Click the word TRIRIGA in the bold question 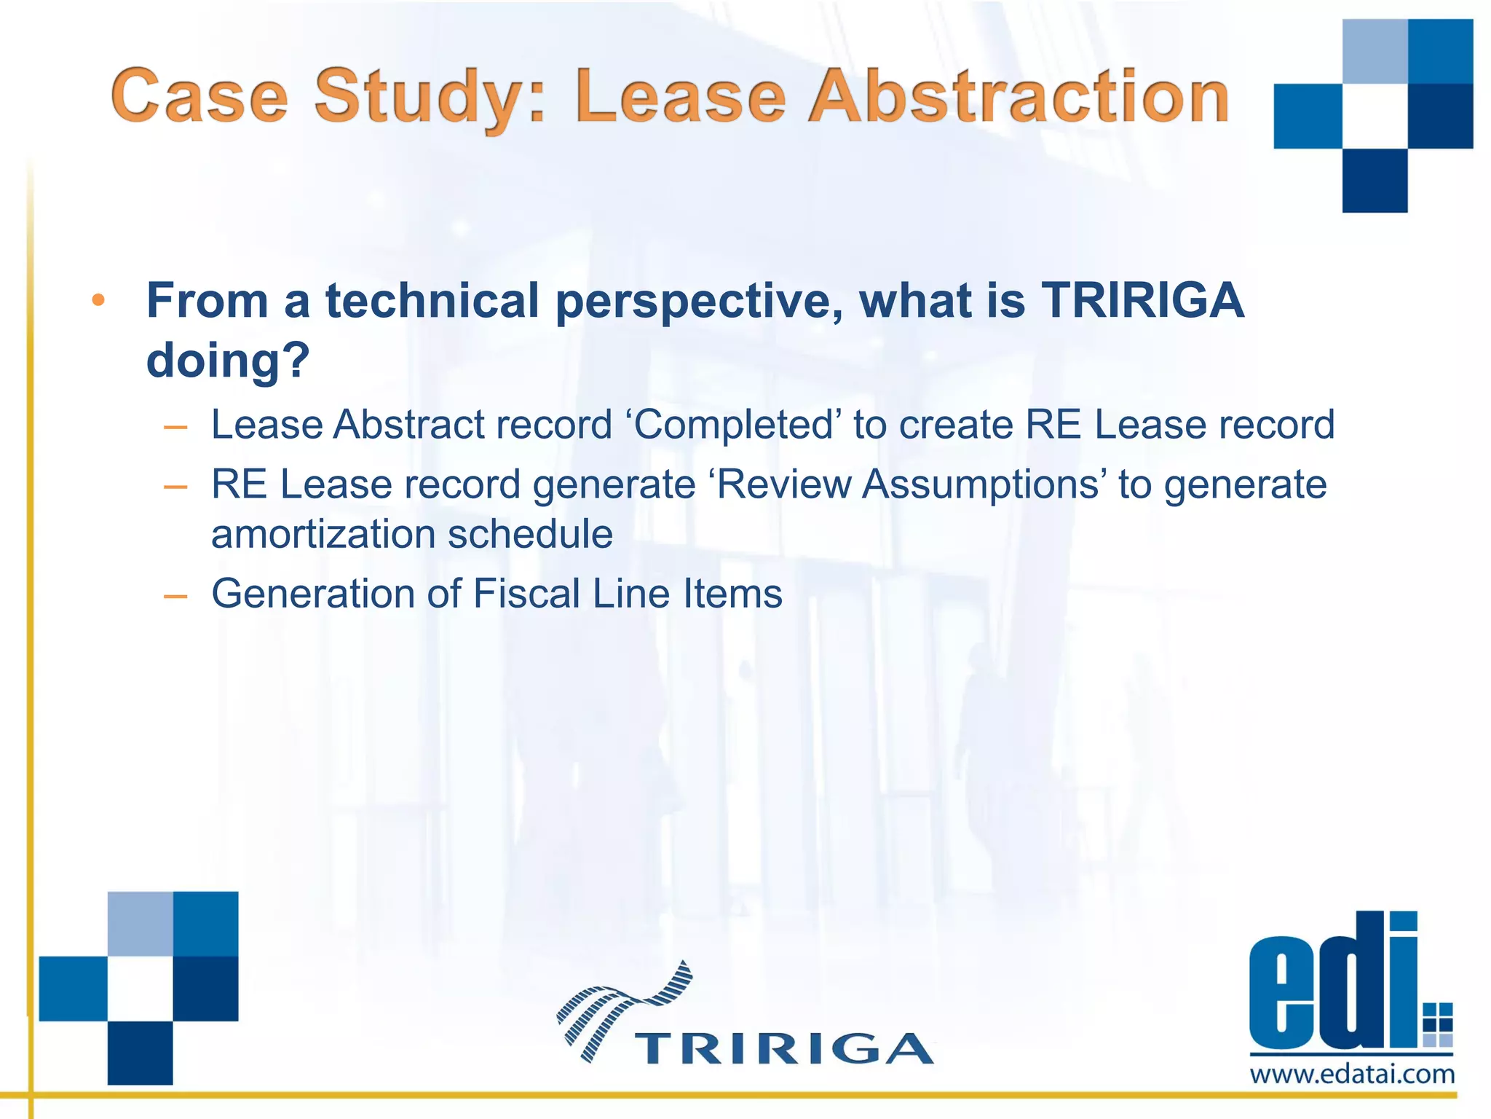[1143, 300]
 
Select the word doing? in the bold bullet [228, 361]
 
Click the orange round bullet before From [99, 300]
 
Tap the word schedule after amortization [531, 534]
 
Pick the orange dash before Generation [175, 596]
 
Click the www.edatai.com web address [1352, 1074]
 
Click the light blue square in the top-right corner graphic [1375, 51]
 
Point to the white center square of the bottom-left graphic [140, 989]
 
